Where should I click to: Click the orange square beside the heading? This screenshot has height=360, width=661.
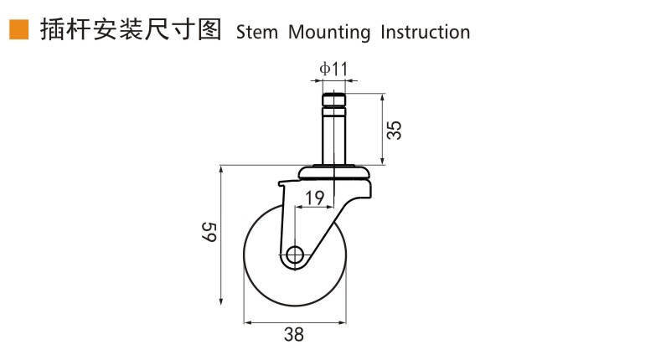point(19,29)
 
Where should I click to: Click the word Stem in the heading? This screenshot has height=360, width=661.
point(256,32)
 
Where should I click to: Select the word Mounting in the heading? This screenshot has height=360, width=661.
point(328,33)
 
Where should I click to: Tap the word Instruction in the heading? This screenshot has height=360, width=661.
point(425,32)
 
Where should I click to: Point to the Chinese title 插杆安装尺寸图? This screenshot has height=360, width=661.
point(131,29)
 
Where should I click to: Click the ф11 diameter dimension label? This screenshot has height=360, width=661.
point(333,69)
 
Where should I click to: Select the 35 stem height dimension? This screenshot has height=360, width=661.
point(395,130)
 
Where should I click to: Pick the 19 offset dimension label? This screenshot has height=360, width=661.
point(314,198)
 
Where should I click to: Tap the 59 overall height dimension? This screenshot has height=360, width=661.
point(209,232)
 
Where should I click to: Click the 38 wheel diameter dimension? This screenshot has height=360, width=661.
point(294,335)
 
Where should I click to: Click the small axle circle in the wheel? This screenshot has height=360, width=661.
point(295,255)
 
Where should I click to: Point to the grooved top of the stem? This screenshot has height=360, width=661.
point(334,105)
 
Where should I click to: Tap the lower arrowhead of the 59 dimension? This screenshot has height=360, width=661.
point(221,301)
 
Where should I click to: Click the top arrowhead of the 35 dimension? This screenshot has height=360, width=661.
point(382,98)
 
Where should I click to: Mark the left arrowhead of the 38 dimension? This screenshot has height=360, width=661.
point(249,323)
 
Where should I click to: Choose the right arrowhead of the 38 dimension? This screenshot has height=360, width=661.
point(342,323)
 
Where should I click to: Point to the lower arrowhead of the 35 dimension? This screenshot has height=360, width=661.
point(382,160)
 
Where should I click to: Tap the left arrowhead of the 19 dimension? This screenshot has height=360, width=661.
point(300,207)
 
